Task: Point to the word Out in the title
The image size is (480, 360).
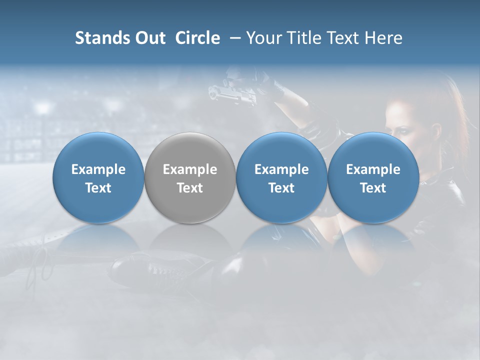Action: [x=148, y=38]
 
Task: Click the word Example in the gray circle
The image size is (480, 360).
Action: [x=190, y=169]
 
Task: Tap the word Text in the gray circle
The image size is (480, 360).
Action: [x=190, y=188]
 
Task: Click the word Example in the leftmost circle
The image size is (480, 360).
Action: [x=98, y=169]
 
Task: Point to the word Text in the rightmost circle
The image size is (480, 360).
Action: [x=373, y=188]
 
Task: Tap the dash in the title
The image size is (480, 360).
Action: [x=233, y=38]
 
